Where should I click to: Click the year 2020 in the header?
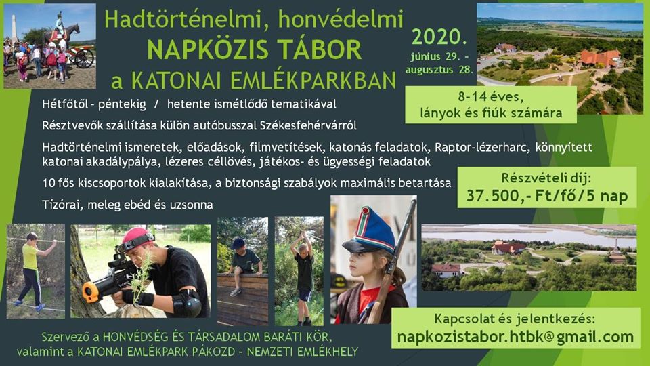(439, 36)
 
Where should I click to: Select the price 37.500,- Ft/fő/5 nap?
(546, 197)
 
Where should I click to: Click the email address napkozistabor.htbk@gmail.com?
(515, 336)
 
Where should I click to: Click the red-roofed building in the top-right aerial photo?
(599, 58)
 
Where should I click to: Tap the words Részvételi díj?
(546, 178)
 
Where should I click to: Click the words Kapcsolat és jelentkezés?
(515, 319)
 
